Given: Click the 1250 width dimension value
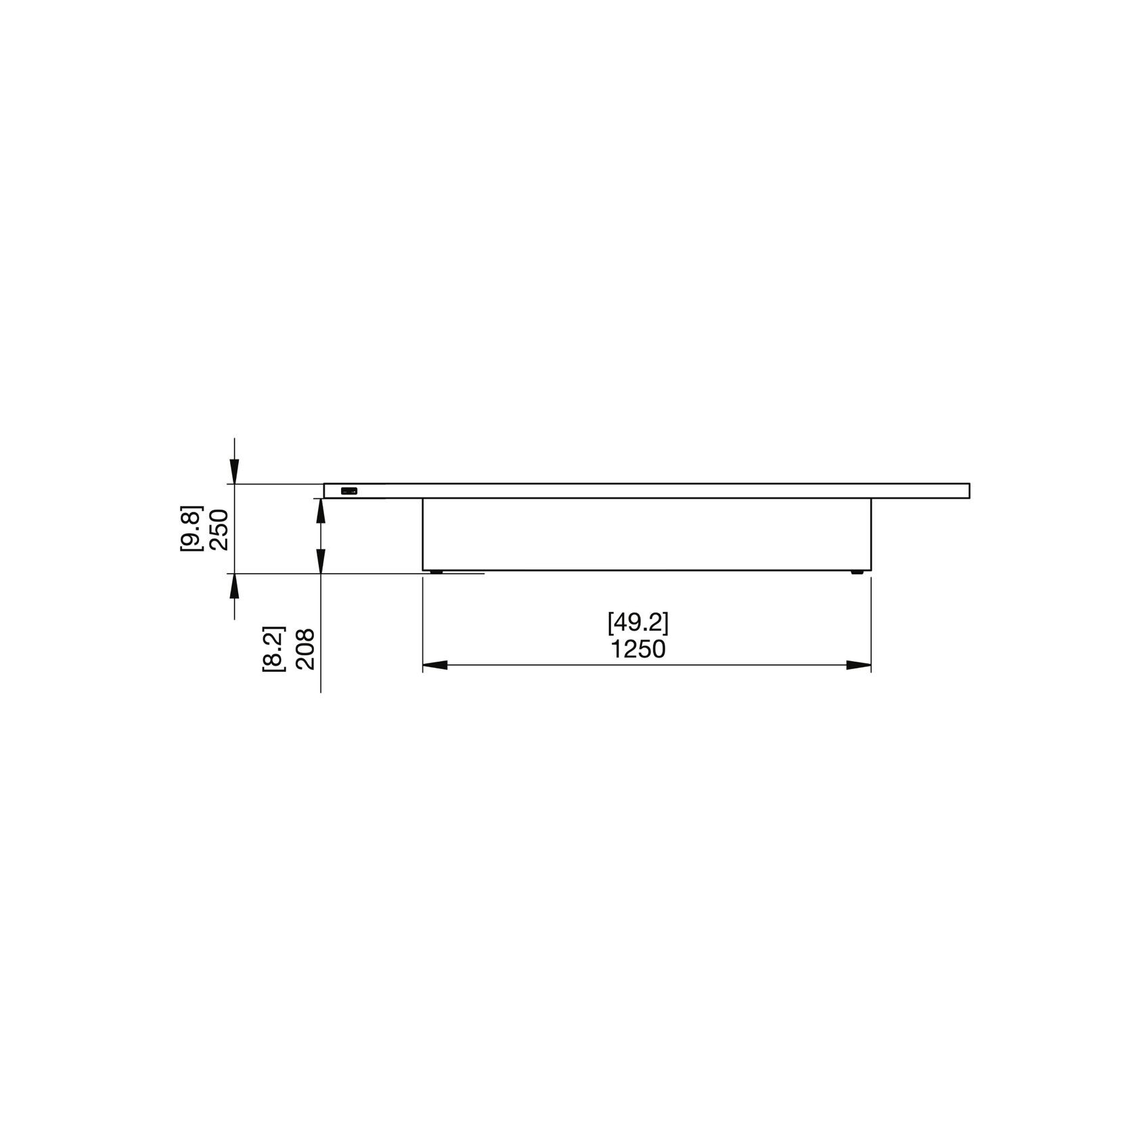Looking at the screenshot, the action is point(639,650).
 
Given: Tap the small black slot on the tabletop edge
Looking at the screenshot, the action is point(348,491).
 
